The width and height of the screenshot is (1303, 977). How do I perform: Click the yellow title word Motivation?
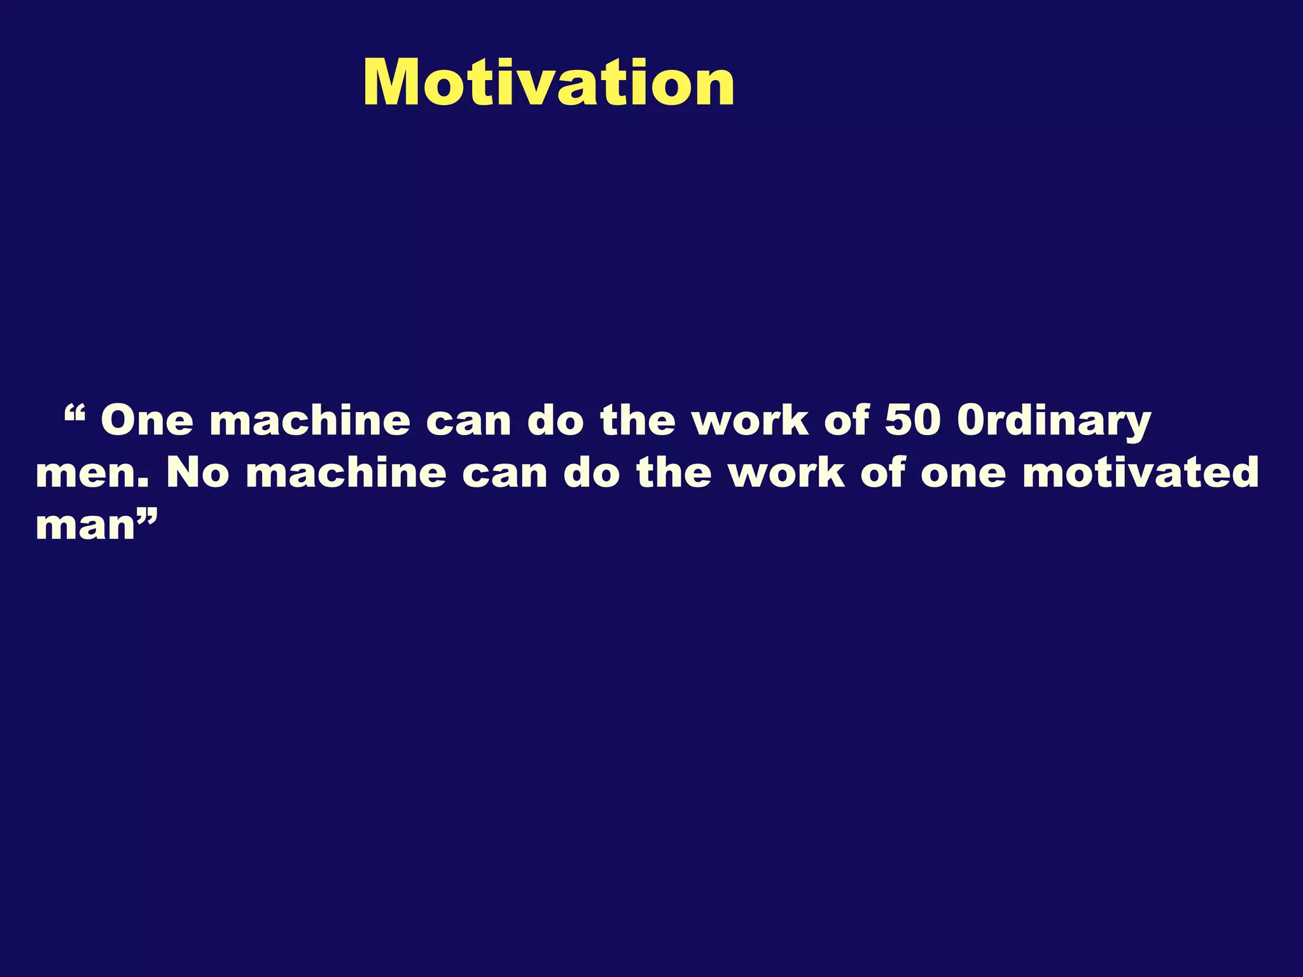(548, 83)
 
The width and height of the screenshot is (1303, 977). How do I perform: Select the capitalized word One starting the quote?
(147, 421)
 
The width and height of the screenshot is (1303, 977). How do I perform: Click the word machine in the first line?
(310, 421)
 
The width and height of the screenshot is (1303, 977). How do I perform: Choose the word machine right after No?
(346, 473)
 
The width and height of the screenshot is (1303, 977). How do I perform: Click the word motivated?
(1140, 473)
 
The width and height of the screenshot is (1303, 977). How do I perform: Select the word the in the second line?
(674, 473)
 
